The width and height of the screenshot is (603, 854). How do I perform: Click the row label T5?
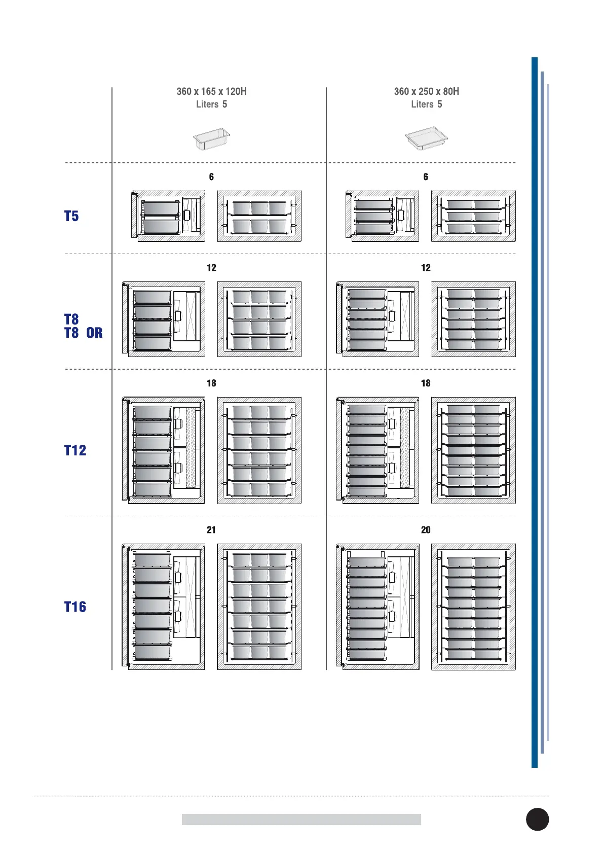(71, 216)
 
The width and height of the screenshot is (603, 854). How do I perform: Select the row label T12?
(75, 450)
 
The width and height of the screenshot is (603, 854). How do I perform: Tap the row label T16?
(75, 607)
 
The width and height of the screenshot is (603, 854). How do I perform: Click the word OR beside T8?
(94, 333)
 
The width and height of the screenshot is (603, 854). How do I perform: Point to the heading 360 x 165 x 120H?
(211, 92)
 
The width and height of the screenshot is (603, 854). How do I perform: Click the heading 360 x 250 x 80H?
(426, 92)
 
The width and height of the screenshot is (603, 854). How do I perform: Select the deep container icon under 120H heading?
(211, 138)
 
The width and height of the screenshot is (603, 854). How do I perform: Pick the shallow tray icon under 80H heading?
(426, 138)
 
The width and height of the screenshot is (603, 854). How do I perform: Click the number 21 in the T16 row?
(211, 530)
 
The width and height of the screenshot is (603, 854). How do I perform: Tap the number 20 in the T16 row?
(426, 530)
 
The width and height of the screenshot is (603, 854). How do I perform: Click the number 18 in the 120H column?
(211, 383)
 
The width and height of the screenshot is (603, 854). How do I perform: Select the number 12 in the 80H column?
(426, 268)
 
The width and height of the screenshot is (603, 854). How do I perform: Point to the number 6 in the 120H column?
(211, 177)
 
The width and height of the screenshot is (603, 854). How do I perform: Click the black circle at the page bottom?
(537, 819)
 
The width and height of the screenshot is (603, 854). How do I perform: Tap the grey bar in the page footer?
(301, 820)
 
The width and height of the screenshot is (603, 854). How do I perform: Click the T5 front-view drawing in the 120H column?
(259, 216)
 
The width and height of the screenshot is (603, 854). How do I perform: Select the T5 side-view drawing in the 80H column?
(382, 216)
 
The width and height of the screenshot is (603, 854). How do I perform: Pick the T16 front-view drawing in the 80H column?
(473, 607)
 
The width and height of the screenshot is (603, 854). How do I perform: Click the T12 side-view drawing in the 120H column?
(163, 450)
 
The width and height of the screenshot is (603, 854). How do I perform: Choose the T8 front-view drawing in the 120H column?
(259, 319)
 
